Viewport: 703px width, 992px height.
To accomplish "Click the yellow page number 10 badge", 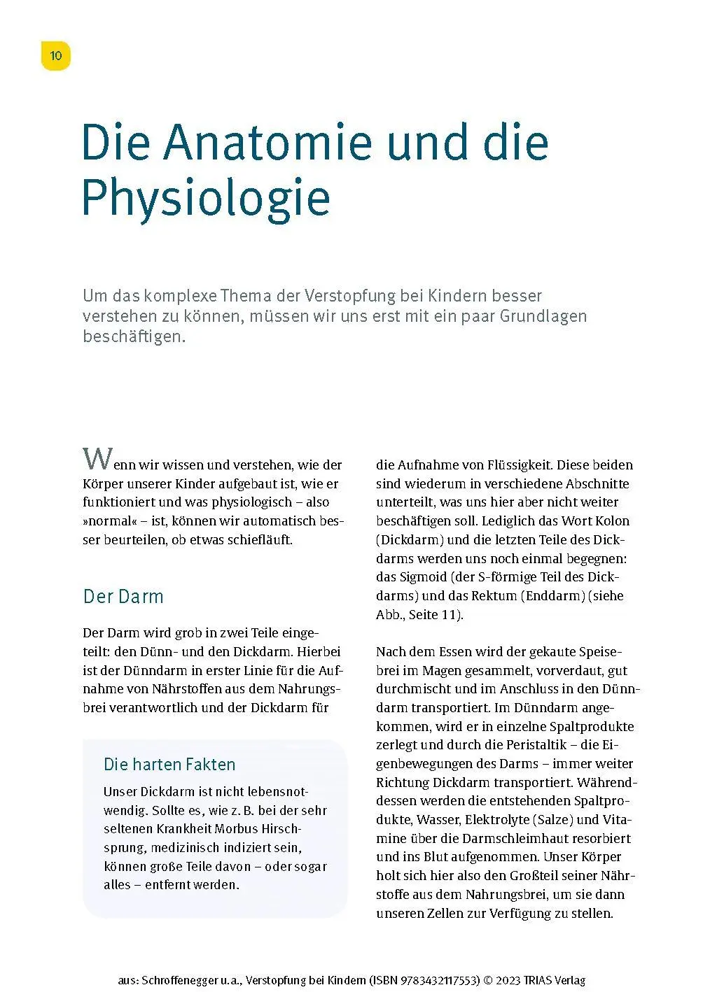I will tap(56, 56).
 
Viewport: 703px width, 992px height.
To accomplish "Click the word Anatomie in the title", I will tap(267, 142).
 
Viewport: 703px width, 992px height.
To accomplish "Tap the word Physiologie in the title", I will tap(206, 198).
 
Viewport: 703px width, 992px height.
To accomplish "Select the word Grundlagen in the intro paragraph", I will tap(543, 316).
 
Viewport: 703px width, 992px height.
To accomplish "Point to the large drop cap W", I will tap(97, 459).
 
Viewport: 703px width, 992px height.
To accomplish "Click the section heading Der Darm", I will tap(123, 597).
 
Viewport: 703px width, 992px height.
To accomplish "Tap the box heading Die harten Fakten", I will tap(169, 765).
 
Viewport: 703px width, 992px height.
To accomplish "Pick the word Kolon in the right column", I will tap(612, 521).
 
